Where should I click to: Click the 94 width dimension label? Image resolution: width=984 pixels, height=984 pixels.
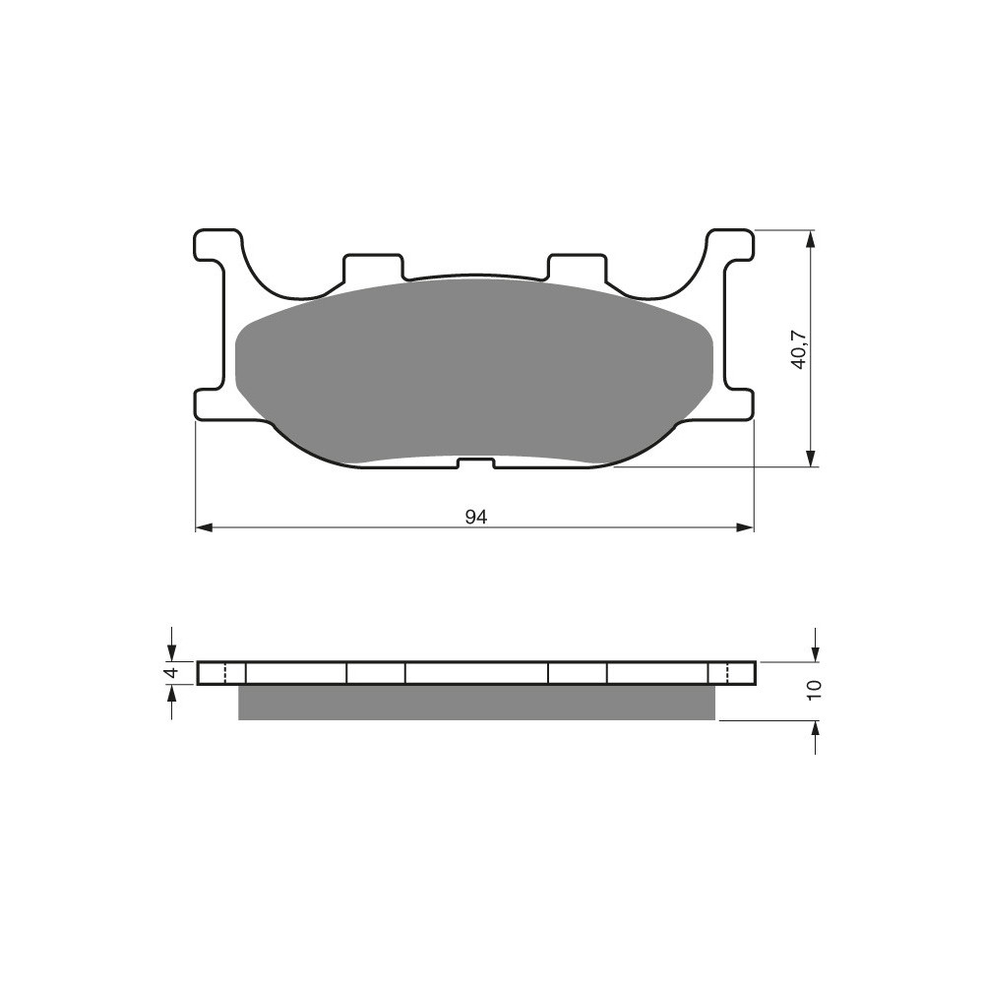click(x=476, y=518)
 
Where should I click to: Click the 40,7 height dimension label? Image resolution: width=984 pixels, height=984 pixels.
click(x=799, y=349)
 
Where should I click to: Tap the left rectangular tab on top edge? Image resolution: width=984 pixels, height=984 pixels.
click(x=372, y=267)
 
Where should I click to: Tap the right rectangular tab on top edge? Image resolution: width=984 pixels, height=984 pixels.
click(x=578, y=267)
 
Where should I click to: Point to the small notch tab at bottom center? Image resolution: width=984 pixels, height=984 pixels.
click(x=476, y=463)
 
